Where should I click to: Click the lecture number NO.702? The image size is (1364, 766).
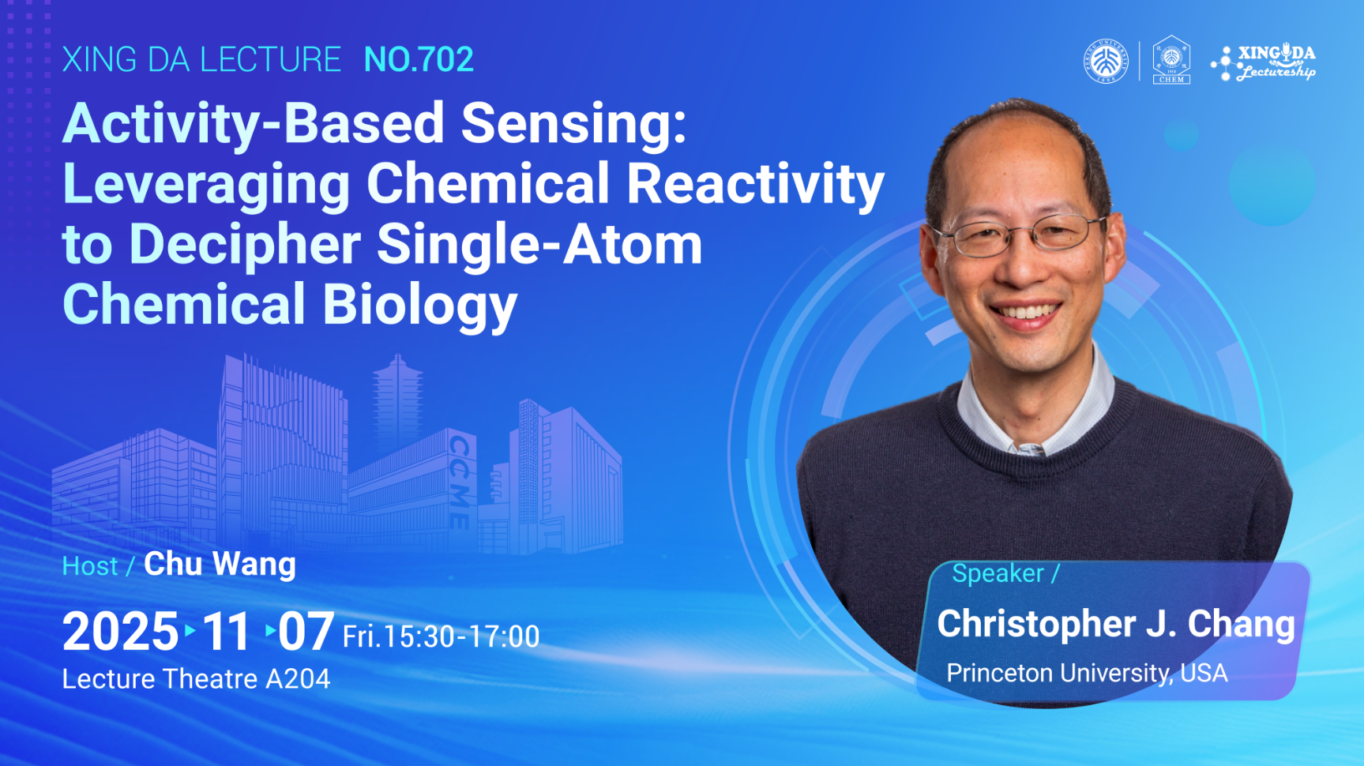pyautogui.click(x=419, y=60)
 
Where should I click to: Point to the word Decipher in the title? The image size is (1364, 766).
pyautogui.click(x=245, y=245)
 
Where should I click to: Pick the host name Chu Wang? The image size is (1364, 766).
pyautogui.click(x=220, y=565)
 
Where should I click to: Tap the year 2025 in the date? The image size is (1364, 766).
pyautogui.click(x=121, y=632)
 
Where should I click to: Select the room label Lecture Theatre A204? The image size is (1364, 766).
pyautogui.click(x=196, y=679)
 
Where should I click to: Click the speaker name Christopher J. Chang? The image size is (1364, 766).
pyautogui.click(x=1116, y=624)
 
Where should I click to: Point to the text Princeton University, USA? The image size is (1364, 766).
pyautogui.click(x=1087, y=673)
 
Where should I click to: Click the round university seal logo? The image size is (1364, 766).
pyautogui.click(x=1106, y=61)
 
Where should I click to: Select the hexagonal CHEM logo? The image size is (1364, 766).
pyautogui.click(x=1171, y=60)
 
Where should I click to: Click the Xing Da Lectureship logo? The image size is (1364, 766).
pyautogui.click(x=1264, y=62)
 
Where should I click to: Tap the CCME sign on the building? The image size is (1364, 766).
pyautogui.click(x=459, y=481)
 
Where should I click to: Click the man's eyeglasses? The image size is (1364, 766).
pyautogui.click(x=1020, y=235)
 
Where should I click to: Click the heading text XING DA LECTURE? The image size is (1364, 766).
pyautogui.click(x=201, y=60)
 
